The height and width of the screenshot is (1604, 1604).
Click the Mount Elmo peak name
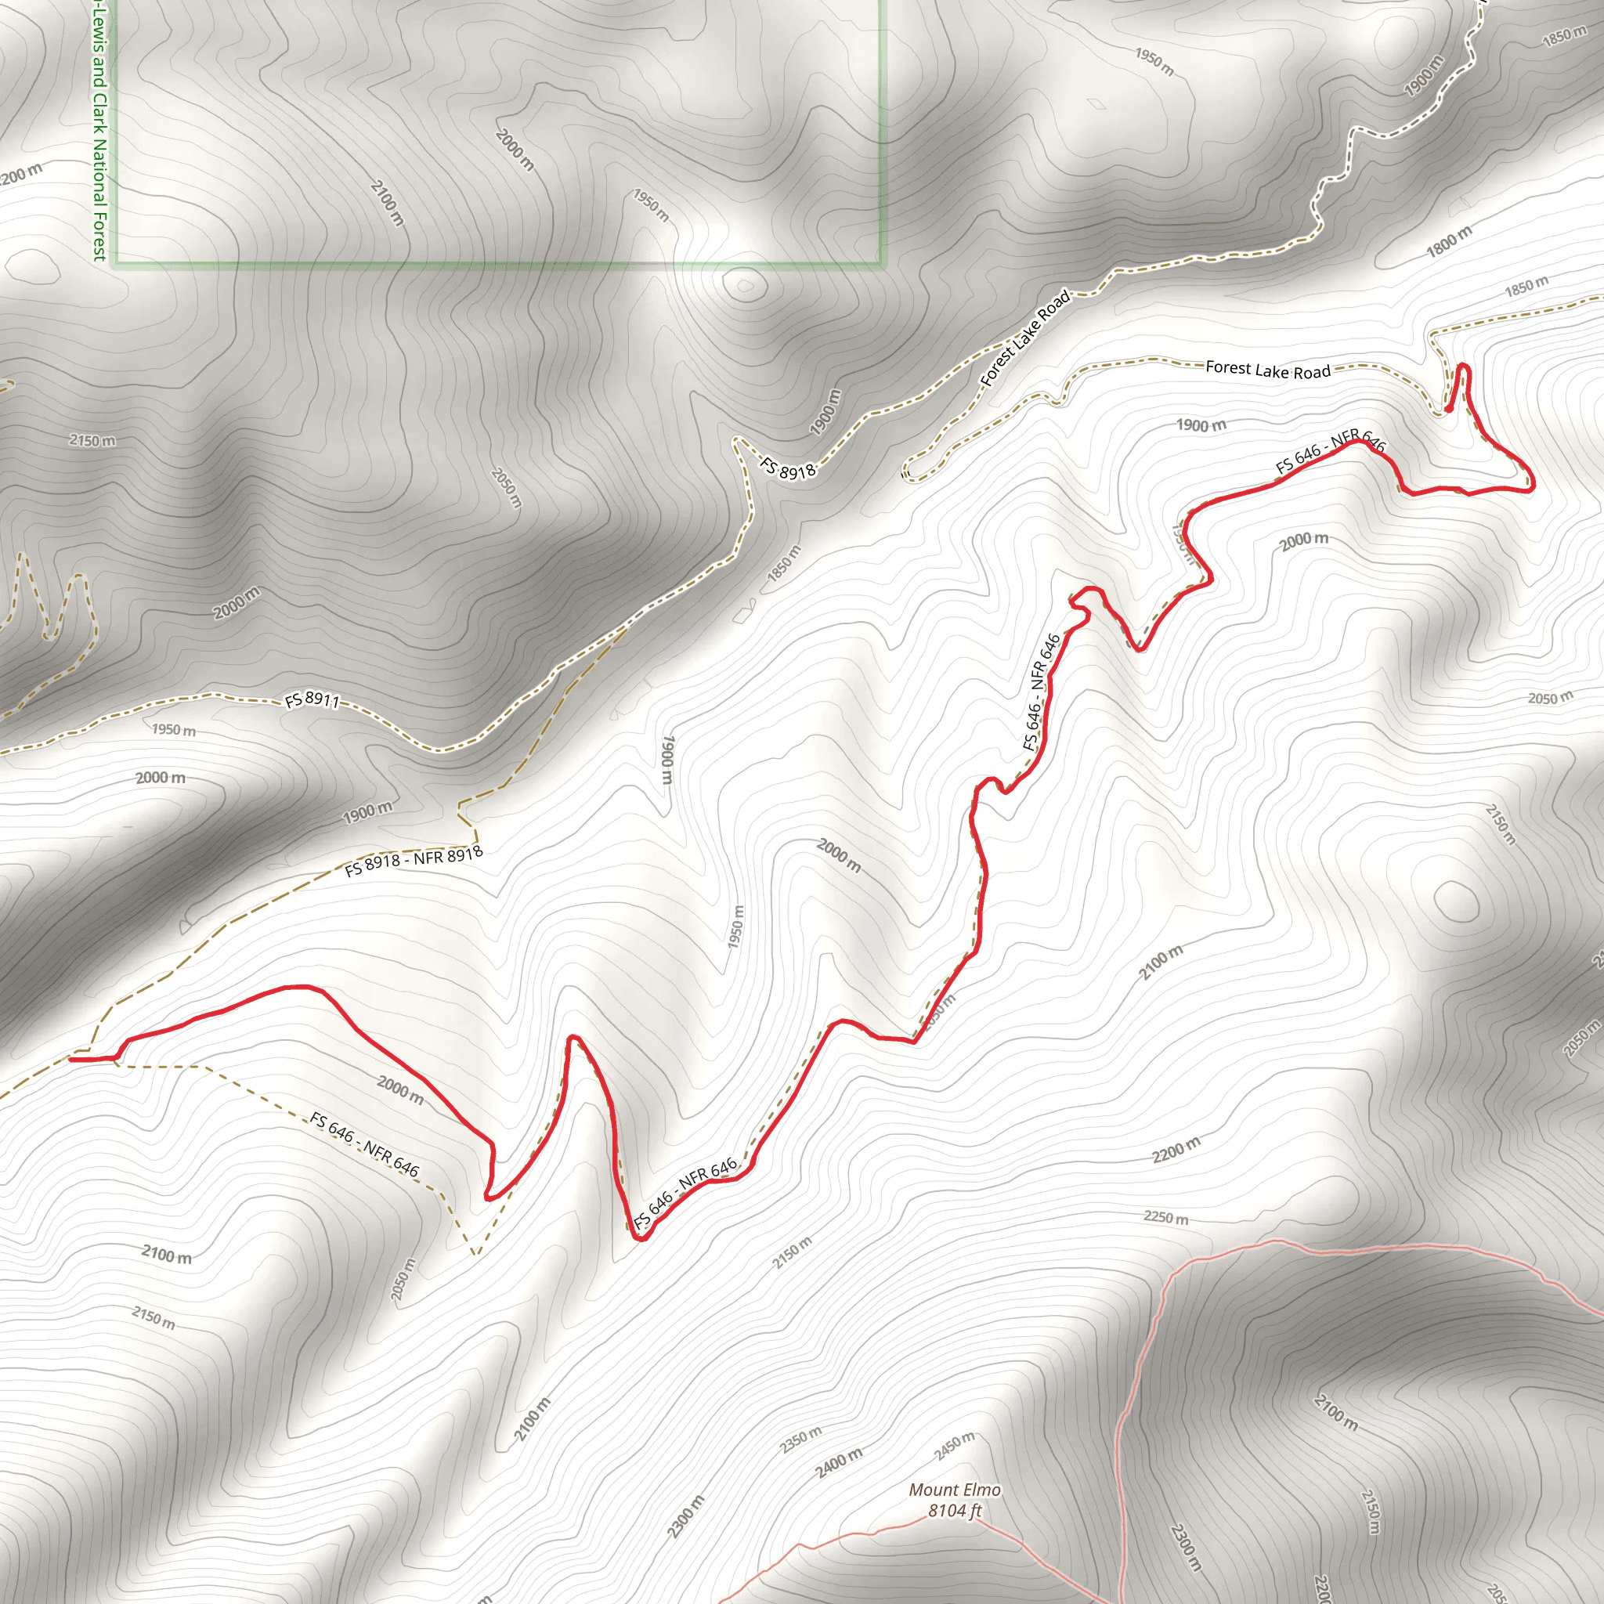point(955,1490)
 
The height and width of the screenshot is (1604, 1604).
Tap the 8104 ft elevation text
point(955,1511)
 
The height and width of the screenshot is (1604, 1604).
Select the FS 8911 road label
point(312,700)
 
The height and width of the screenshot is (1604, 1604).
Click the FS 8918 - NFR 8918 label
point(414,861)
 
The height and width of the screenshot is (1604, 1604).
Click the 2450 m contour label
point(955,1447)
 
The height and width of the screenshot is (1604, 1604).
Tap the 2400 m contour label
point(840,1463)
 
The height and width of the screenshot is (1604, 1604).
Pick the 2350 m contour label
point(801,1440)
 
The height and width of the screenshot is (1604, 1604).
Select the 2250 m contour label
point(1165,1218)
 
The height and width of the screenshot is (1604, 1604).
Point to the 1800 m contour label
point(1449,241)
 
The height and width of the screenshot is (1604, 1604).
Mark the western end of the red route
point(71,1060)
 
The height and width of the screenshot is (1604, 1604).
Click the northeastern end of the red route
point(1448,410)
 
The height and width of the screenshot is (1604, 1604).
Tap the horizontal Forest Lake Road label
point(1268,370)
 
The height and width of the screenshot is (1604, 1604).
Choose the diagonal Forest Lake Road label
point(1025,338)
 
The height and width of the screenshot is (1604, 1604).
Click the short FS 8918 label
point(789,470)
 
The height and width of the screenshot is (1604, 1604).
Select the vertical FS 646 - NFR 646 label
point(1042,692)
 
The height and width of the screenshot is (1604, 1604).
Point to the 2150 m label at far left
point(92,440)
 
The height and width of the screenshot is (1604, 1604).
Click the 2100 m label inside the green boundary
point(388,203)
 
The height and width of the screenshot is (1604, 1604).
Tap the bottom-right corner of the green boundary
point(883,265)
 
